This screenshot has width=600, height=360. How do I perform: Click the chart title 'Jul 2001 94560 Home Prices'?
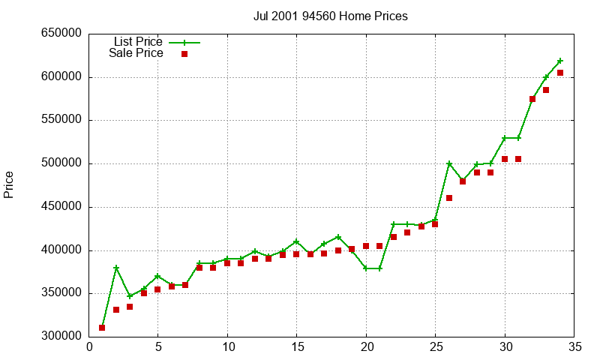pyautogui.click(x=331, y=16)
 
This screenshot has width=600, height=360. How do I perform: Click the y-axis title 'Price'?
pyautogui.click(x=9, y=184)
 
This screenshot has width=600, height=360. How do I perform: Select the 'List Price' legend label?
pyautogui.click(x=138, y=41)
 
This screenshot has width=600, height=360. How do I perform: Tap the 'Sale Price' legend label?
pyautogui.click(x=136, y=53)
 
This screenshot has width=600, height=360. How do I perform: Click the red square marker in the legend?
pyautogui.click(x=184, y=54)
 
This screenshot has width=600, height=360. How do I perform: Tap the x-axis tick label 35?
pyautogui.click(x=574, y=346)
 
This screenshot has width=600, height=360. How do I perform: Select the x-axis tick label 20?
pyautogui.click(x=366, y=346)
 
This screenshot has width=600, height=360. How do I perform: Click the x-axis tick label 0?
pyautogui.click(x=89, y=346)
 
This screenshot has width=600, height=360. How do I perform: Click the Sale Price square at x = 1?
pyautogui.click(x=102, y=328)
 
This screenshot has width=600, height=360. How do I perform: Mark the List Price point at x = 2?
pyautogui.click(x=116, y=268)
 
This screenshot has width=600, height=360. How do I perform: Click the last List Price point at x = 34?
pyautogui.click(x=560, y=61)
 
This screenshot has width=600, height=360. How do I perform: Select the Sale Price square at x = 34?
pyautogui.click(x=560, y=73)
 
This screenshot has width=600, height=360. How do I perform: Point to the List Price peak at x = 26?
pyautogui.click(x=449, y=163)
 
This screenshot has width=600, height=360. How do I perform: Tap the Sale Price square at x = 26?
pyautogui.click(x=449, y=198)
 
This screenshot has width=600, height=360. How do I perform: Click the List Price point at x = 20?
pyautogui.click(x=366, y=268)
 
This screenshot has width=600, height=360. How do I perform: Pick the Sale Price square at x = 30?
pyautogui.click(x=505, y=159)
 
